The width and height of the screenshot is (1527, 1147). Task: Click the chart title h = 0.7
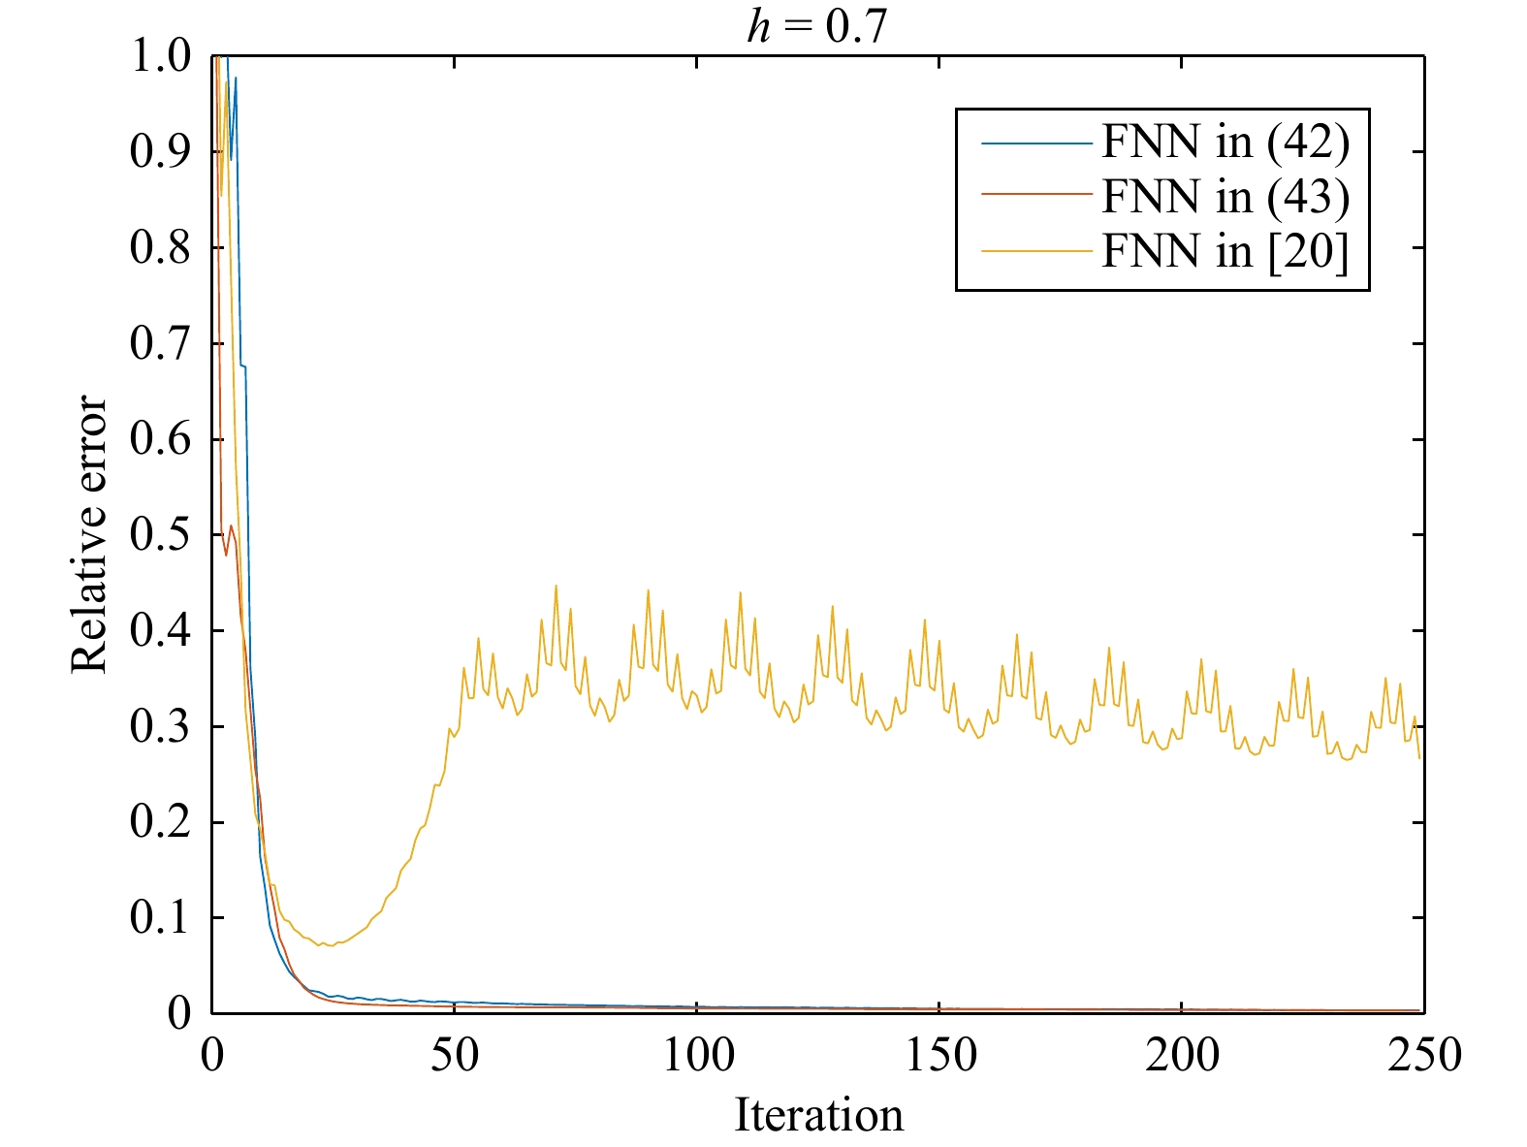click(816, 27)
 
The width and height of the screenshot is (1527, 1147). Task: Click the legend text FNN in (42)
click(1225, 143)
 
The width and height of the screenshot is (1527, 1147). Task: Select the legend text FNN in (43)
click(1225, 197)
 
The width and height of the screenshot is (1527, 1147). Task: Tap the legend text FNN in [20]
click(1225, 251)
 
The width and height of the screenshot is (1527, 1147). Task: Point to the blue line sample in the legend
click(1036, 143)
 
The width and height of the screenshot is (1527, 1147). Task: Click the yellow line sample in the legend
click(1036, 252)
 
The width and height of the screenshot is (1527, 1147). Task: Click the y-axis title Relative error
click(89, 533)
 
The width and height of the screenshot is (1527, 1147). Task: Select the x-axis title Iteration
click(818, 1115)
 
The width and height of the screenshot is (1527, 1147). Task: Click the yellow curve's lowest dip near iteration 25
click(331, 945)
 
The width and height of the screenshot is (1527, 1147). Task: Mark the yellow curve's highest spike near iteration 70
click(556, 586)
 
